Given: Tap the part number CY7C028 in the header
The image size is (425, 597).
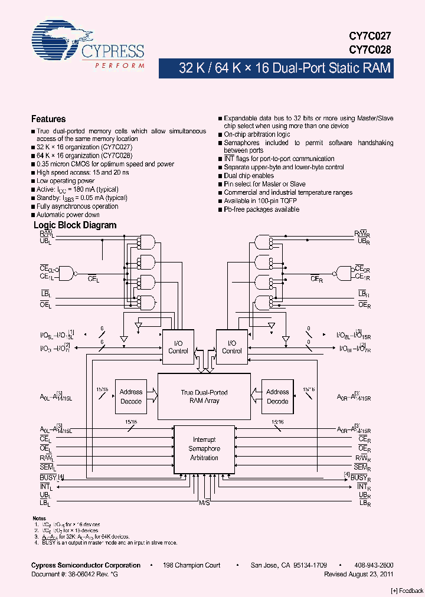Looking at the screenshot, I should coord(371,50).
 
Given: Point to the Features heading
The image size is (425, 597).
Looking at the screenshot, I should coord(48,119).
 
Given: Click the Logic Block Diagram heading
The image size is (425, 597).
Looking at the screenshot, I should coord(75,225).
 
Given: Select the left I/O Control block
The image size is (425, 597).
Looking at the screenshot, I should coord(178,347).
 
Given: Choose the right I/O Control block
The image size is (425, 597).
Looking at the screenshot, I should coord(231,347).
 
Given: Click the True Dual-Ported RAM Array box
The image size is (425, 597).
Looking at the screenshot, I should coord(204,396).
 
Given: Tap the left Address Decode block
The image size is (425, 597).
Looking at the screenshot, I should coord(131,396).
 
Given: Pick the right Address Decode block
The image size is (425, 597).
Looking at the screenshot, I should coord(277,396).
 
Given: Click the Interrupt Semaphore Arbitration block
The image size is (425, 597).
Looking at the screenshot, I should coord(204,449).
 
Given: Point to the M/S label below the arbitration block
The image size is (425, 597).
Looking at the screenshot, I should coord(204,503).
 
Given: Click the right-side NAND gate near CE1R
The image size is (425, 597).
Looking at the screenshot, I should coord(342,273).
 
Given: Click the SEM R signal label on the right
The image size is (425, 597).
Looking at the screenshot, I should coord(364,468).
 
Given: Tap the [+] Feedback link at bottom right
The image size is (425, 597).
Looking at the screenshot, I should coord(407,591).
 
